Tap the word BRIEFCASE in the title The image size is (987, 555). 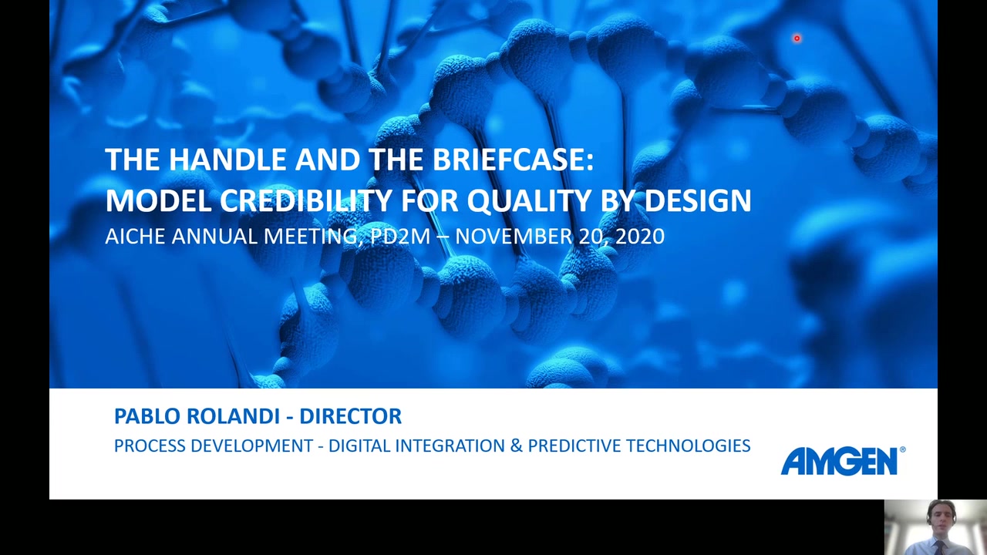click(514, 160)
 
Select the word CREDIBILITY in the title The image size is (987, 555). click(306, 200)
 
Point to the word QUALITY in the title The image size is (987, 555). click(529, 201)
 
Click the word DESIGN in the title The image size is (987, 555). click(698, 200)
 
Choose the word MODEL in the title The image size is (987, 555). click(159, 200)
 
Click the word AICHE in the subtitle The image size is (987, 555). click(135, 237)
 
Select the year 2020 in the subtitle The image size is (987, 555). click(640, 237)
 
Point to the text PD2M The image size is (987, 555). click(400, 237)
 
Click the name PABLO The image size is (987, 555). click(147, 416)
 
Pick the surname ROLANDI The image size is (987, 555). click(233, 416)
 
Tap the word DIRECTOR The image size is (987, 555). click(350, 416)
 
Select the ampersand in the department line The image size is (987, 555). click(517, 446)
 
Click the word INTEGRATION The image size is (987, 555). click(450, 446)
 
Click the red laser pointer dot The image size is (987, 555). click(797, 39)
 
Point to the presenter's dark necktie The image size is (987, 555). click(939, 548)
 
